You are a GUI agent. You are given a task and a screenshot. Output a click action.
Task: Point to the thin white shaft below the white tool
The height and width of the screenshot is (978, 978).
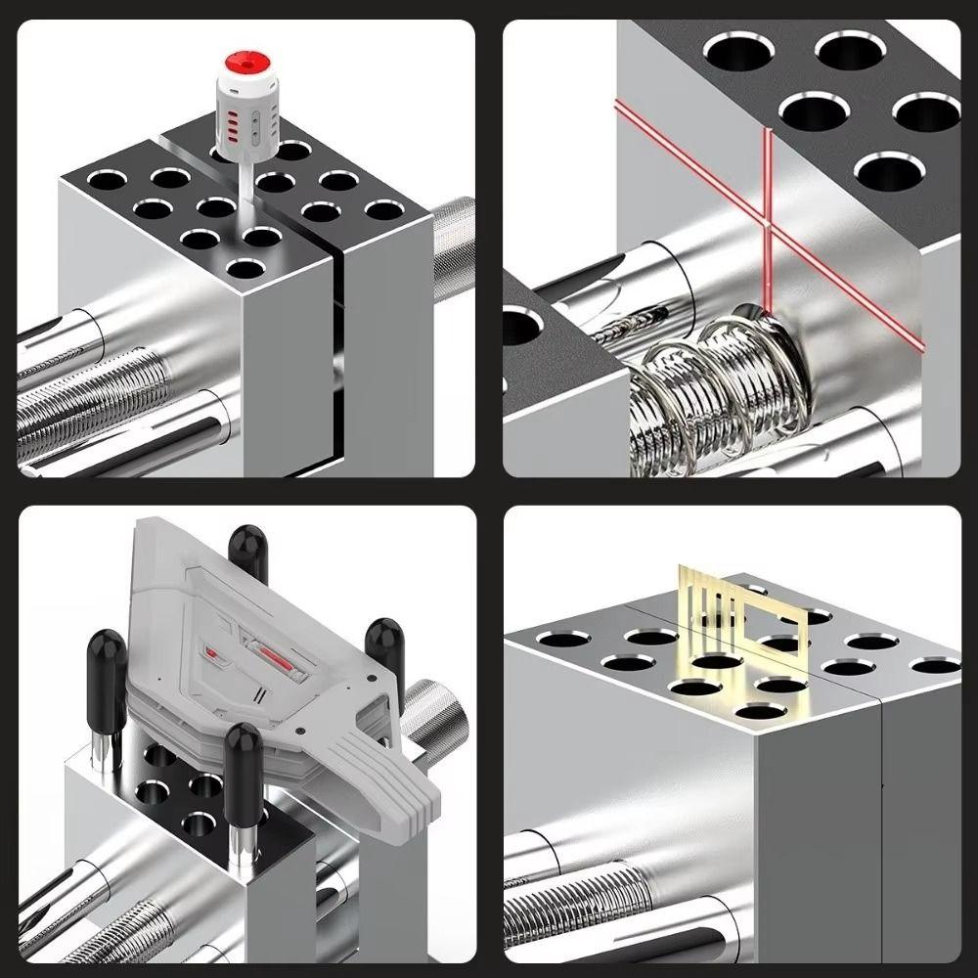[241, 181]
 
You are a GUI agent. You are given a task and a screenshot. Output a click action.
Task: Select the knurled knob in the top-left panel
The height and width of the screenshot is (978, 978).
[452, 240]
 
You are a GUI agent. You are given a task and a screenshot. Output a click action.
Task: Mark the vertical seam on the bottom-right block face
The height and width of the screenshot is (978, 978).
[879, 831]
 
